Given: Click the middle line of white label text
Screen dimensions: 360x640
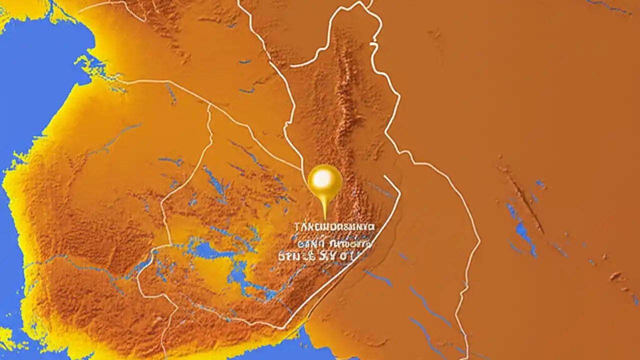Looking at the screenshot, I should click(333, 243).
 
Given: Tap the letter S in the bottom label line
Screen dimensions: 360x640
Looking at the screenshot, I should click(330, 256).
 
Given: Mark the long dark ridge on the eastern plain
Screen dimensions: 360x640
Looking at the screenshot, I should click(522, 197).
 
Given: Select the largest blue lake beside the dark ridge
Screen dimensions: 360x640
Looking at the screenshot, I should click(523, 232).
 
